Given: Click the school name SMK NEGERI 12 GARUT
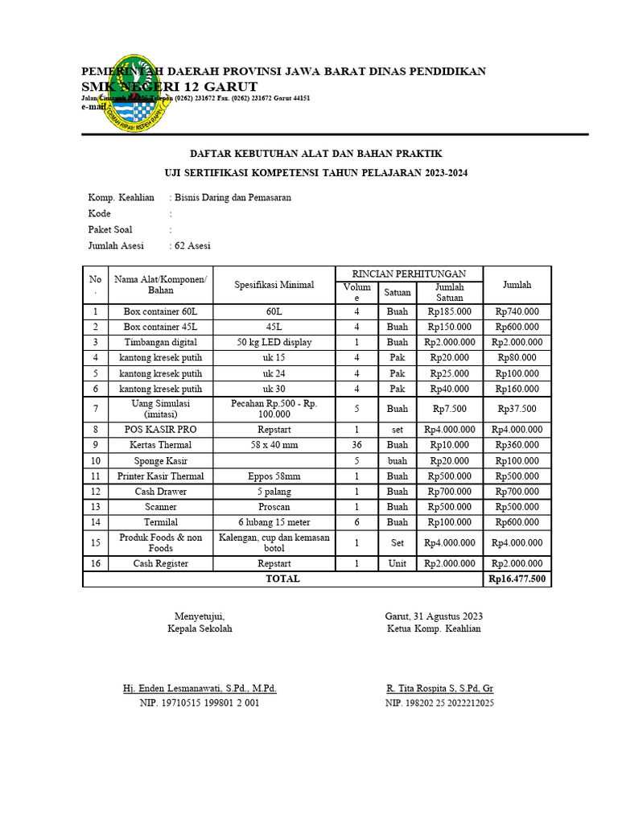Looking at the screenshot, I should point(169,86).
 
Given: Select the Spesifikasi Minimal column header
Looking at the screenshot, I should point(274,285).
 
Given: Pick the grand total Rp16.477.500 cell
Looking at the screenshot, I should point(517,579).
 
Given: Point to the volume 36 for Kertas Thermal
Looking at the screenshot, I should point(356,445).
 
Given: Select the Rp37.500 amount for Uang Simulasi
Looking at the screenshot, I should point(517,409).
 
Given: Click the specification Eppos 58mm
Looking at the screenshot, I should point(274,476).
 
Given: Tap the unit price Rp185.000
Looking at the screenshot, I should point(449,311).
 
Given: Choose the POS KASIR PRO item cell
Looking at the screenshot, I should point(160,430).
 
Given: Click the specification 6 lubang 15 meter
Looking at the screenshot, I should point(274,522).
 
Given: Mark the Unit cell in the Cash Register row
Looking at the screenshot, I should point(398,563).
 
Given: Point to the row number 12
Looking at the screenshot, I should point(96,492).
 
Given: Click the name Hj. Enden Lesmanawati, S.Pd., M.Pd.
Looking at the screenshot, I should point(200,689).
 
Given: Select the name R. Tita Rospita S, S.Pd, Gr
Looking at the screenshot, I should point(439,689).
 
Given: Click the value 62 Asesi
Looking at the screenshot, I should point(192,246).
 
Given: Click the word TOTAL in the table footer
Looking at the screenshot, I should point(282,579).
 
